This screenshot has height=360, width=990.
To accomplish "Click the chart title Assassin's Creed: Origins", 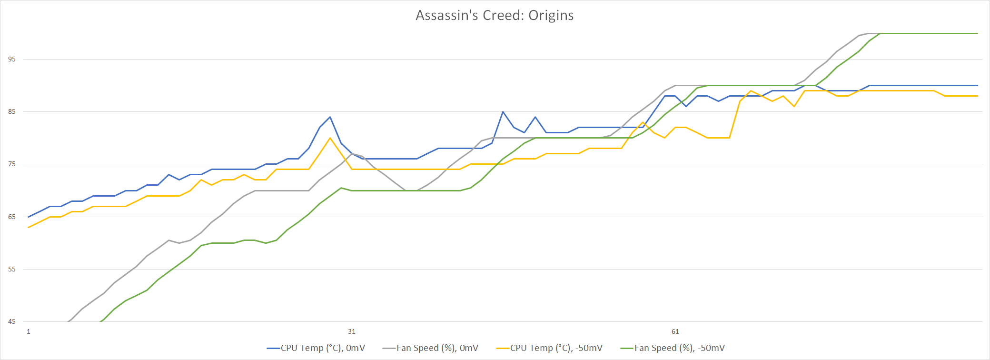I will click(x=495, y=15).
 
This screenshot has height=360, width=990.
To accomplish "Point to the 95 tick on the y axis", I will click(x=12, y=59).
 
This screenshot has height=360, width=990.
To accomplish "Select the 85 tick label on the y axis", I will click(x=12, y=111).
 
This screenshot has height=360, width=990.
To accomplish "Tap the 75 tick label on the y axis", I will click(x=12, y=164).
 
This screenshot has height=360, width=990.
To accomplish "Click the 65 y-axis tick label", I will click(x=12, y=217).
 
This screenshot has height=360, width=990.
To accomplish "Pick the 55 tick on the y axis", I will click(x=12, y=269).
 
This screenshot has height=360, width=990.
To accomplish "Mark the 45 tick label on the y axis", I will click(x=12, y=321).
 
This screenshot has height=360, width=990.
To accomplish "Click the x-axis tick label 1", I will click(x=29, y=331).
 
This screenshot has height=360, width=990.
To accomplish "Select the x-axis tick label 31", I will click(x=352, y=331).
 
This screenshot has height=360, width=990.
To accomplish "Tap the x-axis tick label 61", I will click(x=675, y=331).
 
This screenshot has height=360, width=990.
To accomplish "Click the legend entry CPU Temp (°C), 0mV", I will click(x=316, y=348).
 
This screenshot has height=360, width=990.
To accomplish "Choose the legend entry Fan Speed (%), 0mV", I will click(x=430, y=348).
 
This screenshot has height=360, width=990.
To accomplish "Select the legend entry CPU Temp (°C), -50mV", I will click(x=549, y=348).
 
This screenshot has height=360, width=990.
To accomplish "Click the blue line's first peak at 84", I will click(x=330, y=117).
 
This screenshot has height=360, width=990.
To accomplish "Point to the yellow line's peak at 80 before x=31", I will click(x=330, y=138).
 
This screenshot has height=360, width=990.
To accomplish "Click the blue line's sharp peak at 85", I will click(x=503, y=112).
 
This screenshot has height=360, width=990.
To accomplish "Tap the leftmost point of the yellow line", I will click(x=29, y=227).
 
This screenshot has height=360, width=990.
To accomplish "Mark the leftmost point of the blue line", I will click(x=29, y=217).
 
